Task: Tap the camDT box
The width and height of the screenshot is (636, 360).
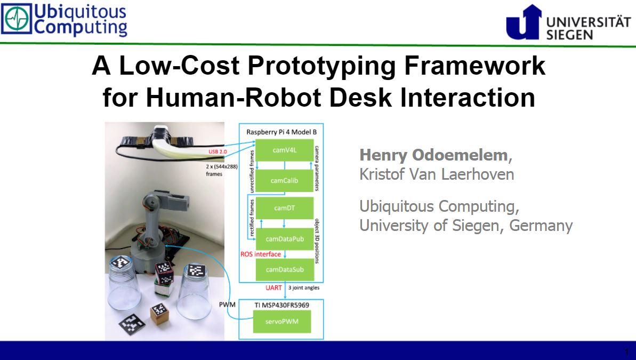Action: click(x=285, y=208)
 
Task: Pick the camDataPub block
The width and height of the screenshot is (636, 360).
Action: click(x=285, y=239)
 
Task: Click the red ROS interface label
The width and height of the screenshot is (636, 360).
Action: click(x=260, y=254)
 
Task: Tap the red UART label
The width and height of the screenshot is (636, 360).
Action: click(x=273, y=288)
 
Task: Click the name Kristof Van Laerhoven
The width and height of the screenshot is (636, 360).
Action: click(x=437, y=174)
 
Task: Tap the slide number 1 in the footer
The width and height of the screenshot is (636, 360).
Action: click(x=627, y=352)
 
